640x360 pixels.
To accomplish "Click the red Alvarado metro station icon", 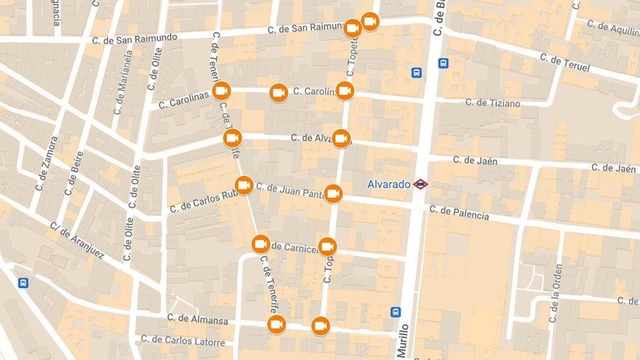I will [x=420, y=184].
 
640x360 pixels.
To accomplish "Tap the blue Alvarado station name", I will [x=388, y=185].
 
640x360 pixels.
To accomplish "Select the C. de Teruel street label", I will [x=564, y=63].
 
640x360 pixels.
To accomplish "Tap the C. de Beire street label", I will [x=73, y=173].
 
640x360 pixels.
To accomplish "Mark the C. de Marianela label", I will [x=122, y=82].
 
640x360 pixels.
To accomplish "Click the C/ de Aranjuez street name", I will [x=77, y=241].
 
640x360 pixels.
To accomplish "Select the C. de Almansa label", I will [x=197, y=319].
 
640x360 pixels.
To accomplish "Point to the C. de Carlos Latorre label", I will [x=183, y=340].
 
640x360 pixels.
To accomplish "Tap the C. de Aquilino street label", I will [x=612, y=29].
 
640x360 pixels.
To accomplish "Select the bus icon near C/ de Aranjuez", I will [x=23, y=283].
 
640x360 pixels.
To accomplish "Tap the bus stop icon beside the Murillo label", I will [x=395, y=312].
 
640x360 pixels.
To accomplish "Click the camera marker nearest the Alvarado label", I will [x=333, y=193].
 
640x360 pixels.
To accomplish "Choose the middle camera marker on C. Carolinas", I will [x=279, y=92].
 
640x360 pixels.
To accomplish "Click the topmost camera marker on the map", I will [x=370, y=22].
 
